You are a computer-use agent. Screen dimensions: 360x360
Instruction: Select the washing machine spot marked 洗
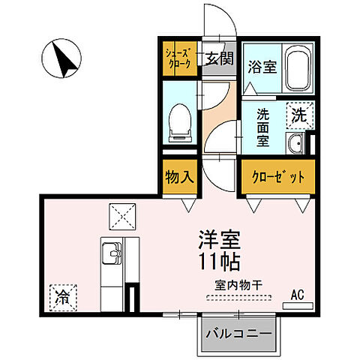[x=298, y=116]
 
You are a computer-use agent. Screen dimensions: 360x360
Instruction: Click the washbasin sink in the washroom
[x=298, y=144]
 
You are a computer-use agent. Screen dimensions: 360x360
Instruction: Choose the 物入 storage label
[x=180, y=177]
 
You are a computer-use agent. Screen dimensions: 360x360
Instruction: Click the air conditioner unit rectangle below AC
[x=298, y=305]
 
